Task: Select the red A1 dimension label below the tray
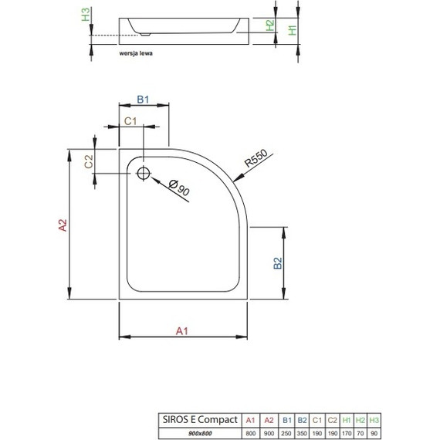pyautogui.click(x=183, y=330)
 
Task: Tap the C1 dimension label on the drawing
pyautogui.click(x=130, y=120)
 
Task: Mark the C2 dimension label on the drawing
pyautogui.click(x=89, y=162)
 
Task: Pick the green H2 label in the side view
pyautogui.click(x=269, y=25)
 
